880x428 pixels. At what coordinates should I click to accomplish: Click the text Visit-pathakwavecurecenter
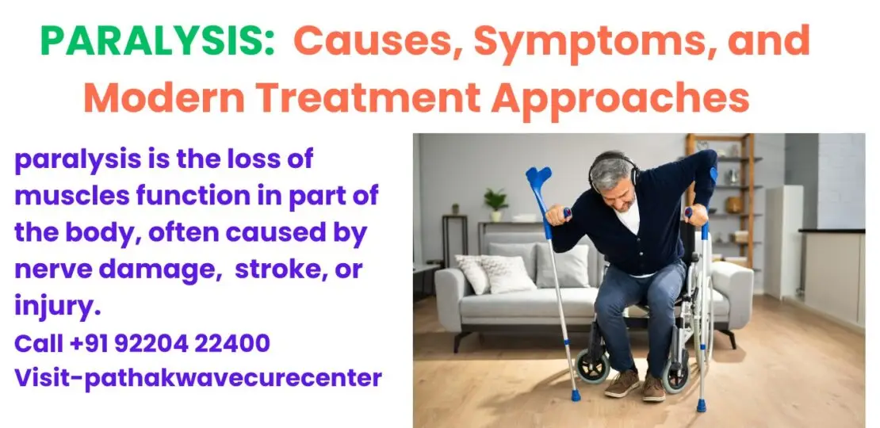[198, 378]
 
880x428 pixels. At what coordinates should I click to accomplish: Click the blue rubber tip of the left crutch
[576, 394]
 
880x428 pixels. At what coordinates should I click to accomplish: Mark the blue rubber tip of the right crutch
[701, 405]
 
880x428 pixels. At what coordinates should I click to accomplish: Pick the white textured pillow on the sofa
[507, 273]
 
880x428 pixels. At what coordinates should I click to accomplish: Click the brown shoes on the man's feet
[635, 385]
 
